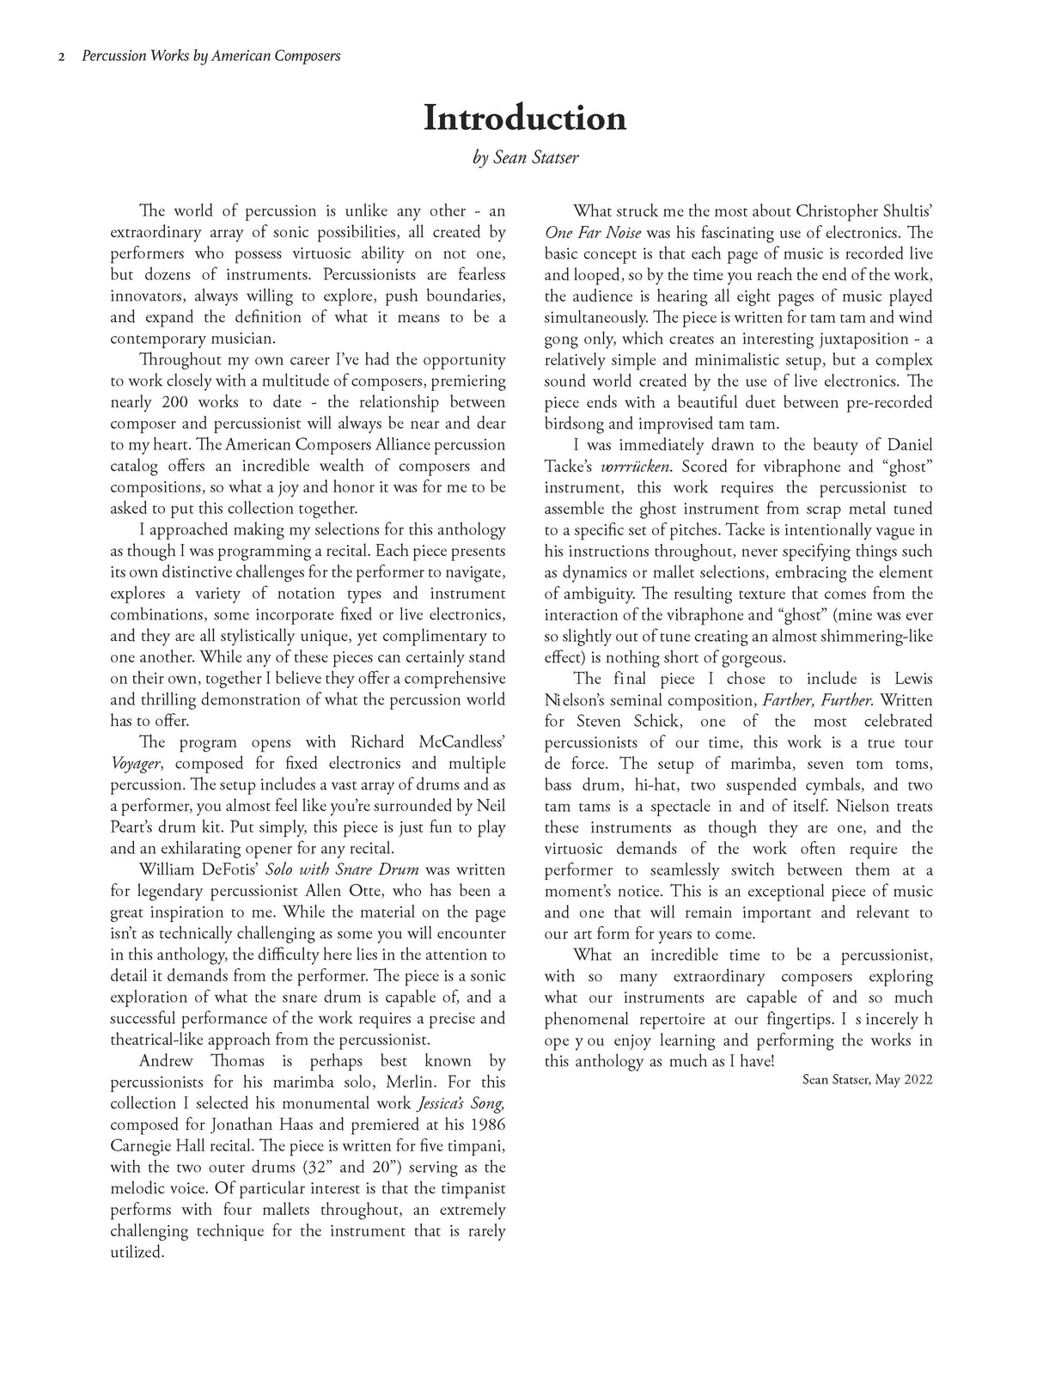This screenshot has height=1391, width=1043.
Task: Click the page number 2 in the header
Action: (x=61, y=57)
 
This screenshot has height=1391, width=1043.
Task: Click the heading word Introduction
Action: (x=525, y=118)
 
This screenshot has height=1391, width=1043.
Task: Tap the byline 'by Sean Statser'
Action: (x=524, y=158)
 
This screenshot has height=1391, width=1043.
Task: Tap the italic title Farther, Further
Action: (x=818, y=700)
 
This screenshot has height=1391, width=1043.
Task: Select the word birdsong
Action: (x=577, y=424)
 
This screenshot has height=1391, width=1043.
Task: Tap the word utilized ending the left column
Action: (x=137, y=1253)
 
